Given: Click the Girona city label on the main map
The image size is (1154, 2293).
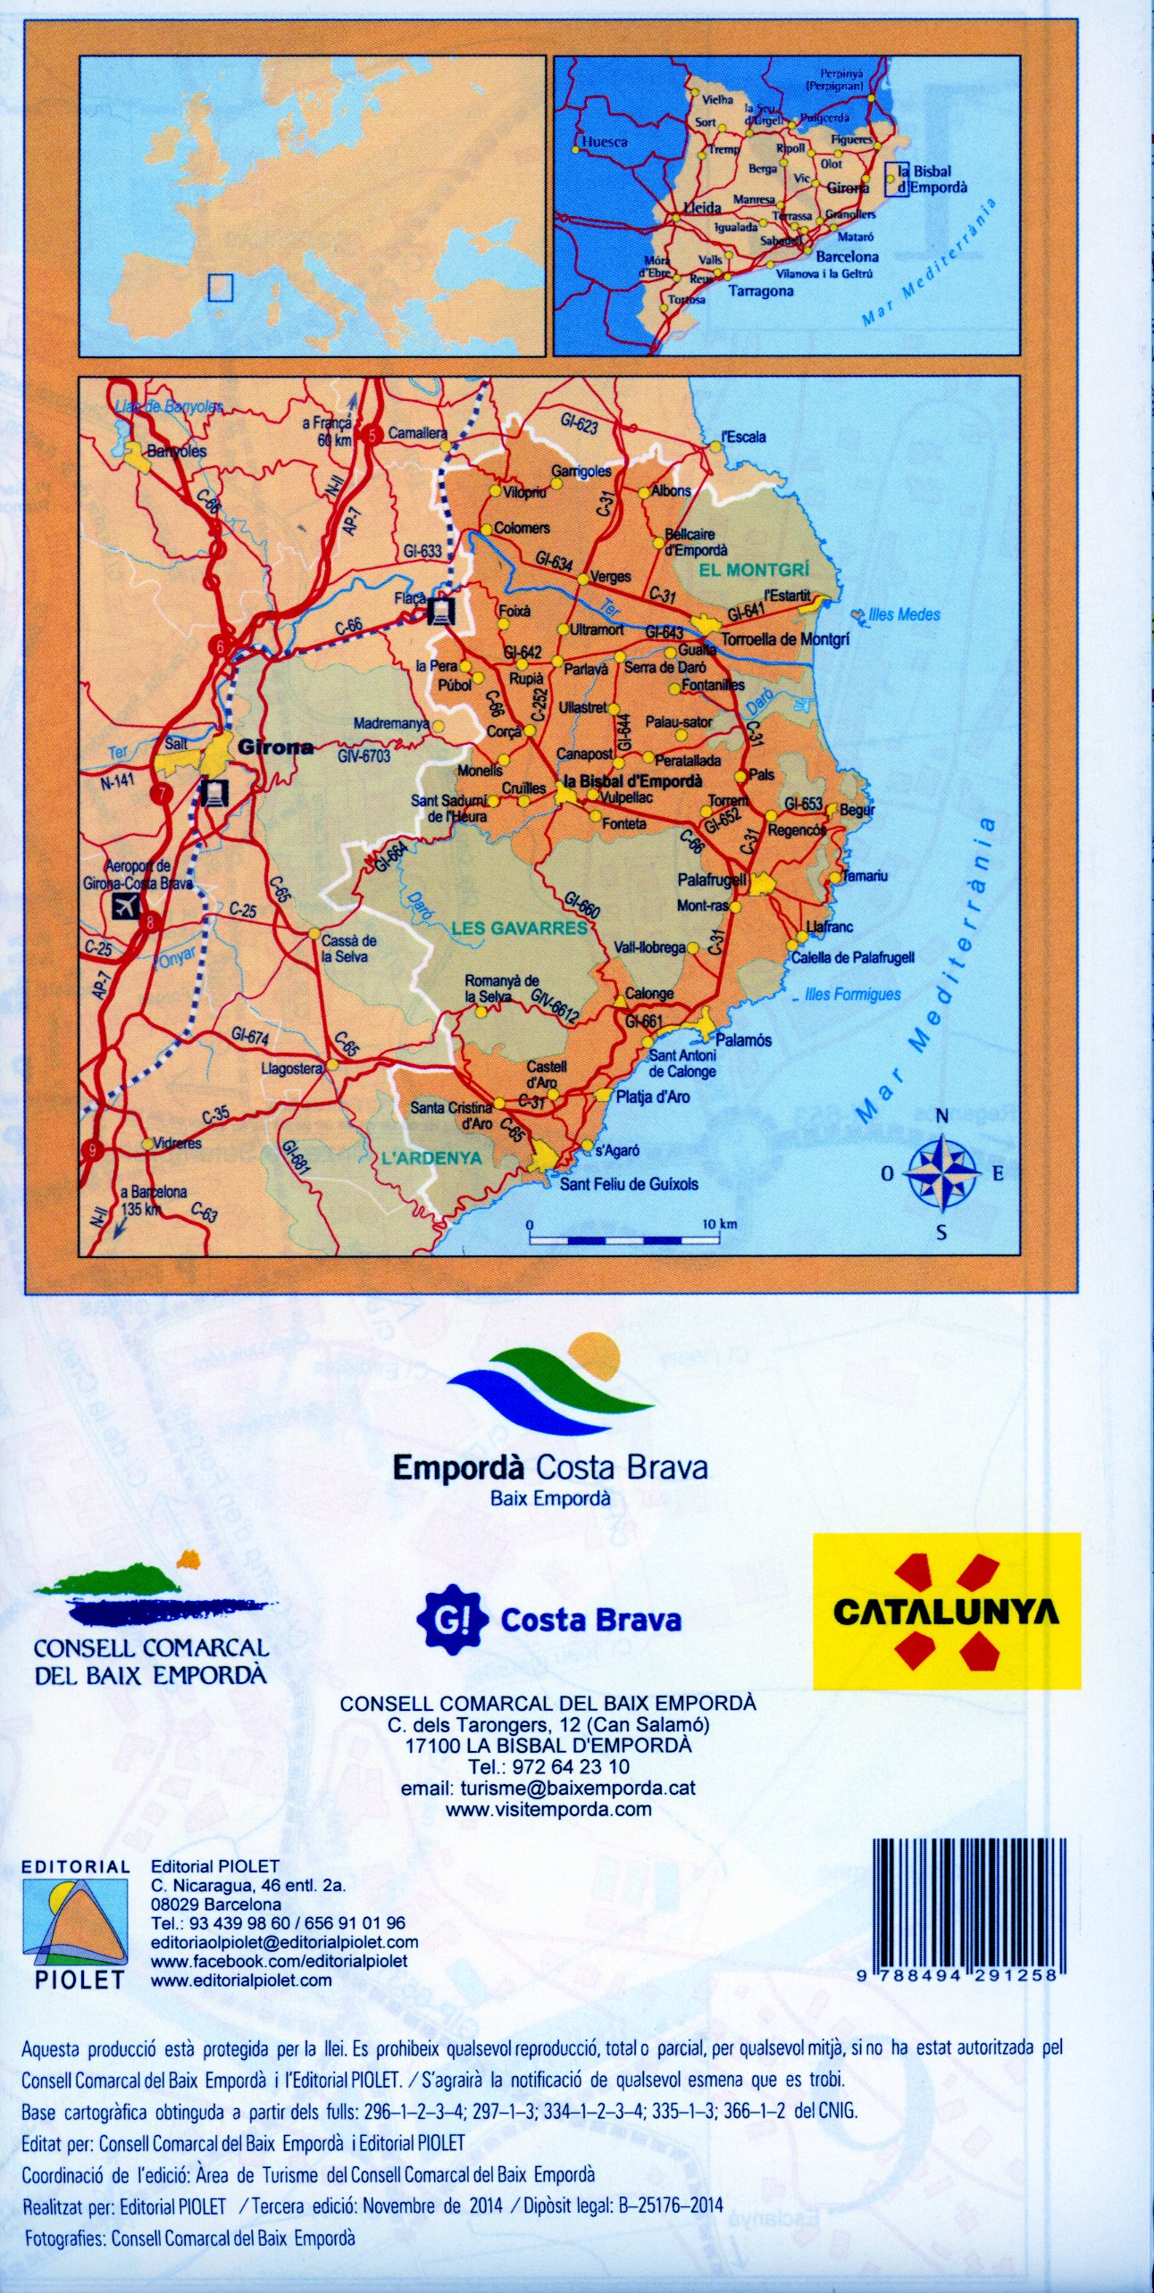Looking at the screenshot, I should tap(275, 747).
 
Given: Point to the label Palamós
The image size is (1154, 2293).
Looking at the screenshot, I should tap(743, 1040).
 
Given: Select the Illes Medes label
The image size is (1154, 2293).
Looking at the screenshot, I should tap(904, 614).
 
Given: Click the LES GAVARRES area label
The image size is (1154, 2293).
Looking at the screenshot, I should tap(519, 928).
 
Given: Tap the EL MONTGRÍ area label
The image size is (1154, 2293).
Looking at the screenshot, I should tap(755, 569).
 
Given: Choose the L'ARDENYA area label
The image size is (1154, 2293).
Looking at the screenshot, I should tap(431, 1158).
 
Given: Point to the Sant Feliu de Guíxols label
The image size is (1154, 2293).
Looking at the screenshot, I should tap(629, 1184).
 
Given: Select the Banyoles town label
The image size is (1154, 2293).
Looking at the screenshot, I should tap(176, 451).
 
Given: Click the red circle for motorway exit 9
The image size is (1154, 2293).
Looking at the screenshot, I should tap(89, 1151).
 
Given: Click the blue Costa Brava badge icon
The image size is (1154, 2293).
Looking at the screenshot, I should tap(453, 1619).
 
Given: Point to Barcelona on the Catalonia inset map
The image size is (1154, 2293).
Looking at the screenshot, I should tap(847, 256).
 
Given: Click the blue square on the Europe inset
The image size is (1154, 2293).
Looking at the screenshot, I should tap(220, 288).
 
